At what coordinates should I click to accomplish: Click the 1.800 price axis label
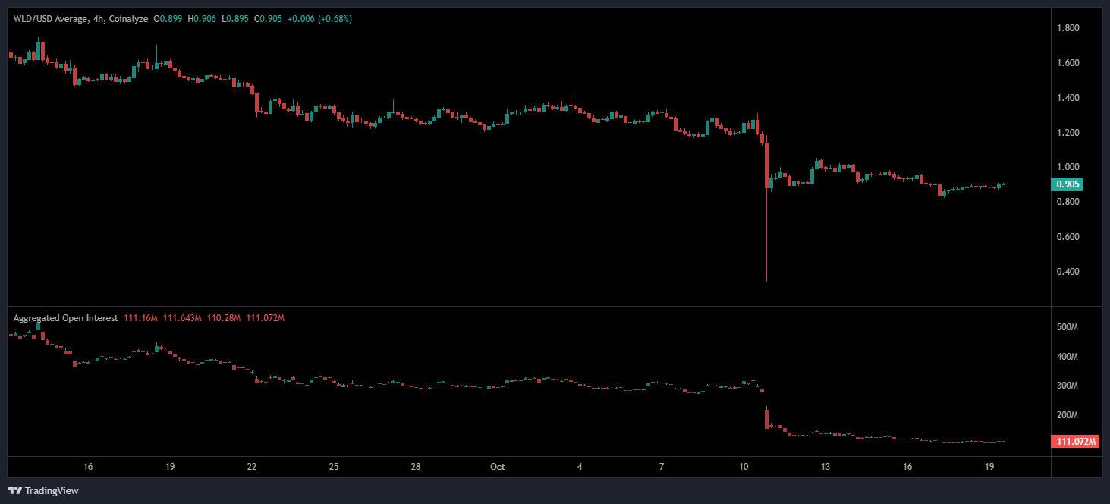pyautogui.click(x=1068, y=29)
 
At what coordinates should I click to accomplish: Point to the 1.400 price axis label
pyautogui.click(x=1068, y=98)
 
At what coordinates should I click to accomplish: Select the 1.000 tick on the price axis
pyautogui.click(x=1068, y=167)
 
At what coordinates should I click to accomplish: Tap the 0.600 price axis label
pyautogui.click(x=1068, y=237)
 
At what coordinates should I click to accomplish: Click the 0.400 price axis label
pyautogui.click(x=1068, y=272)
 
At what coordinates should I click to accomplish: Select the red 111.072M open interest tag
pyautogui.click(x=1076, y=442)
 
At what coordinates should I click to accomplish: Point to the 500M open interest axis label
pyautogui.click(x=1068, y=327)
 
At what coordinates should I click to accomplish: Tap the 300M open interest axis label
pyautogui.click(x=1068, y=386)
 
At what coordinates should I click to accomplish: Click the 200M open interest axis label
pyautogui.click(x=1068, y=415)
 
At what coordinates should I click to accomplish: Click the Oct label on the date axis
pyautogui.click(x=498, y=467)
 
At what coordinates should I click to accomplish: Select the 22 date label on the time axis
pyautogui.click(x=252, y=467)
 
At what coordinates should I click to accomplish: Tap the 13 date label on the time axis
pyautogui.click(x=825, y=467)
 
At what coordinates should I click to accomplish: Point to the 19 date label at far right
pyautogui.click(x=989, y=467)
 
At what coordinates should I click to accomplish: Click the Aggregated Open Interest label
pyautogui.click(x=65, y=318)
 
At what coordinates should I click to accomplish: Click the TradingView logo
pyautogui.click(x=43, y=490)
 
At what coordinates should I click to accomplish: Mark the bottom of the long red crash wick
pyautogui.click(x=766, y=281)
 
